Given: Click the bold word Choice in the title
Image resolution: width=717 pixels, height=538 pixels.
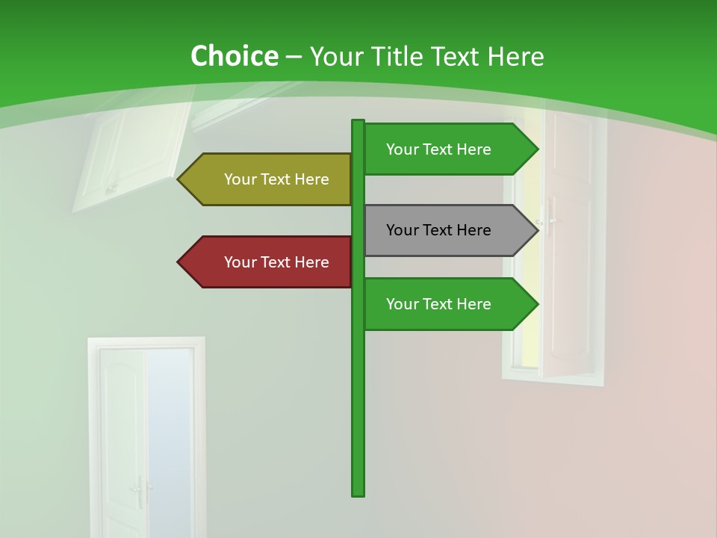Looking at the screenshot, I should pos(234,57).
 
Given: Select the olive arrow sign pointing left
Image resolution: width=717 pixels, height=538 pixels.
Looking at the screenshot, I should pos(269,179).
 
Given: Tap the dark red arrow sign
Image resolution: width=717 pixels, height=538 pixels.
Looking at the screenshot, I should pos(269,262).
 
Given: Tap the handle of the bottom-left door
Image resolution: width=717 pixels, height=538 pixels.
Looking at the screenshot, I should pos(138,489).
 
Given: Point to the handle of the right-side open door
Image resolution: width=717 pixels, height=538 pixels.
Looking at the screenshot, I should pos(550,221).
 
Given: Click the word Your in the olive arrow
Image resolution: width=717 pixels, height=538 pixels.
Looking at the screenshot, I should pos(240,179).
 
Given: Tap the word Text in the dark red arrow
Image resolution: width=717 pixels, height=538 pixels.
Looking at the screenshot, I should pos(277,262).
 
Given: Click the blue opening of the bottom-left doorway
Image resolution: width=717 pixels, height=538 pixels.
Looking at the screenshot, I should pos(169,441).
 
